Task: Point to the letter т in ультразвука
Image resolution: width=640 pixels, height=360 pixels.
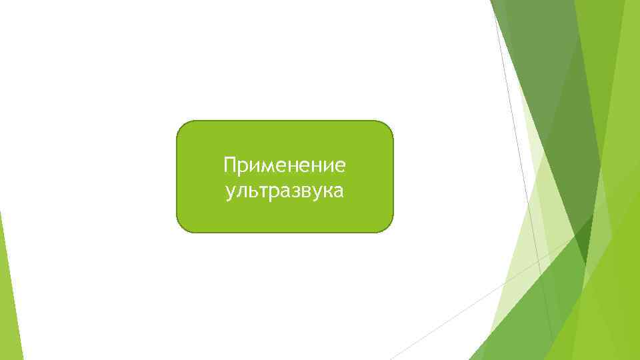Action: (262, 193)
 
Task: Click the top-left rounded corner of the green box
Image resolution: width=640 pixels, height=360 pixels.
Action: (181, 126)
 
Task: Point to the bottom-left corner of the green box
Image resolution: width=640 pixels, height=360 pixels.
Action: (181, 227)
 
